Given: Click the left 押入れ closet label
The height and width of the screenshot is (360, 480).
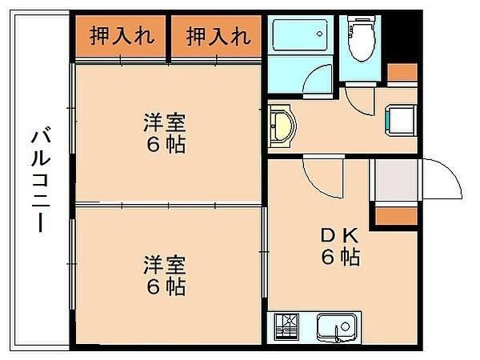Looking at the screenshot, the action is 122,36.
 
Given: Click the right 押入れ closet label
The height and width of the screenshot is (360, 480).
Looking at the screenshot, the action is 218,36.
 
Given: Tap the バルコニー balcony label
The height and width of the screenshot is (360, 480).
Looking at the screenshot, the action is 41,179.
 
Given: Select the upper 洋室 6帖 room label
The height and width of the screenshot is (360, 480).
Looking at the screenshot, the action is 165,133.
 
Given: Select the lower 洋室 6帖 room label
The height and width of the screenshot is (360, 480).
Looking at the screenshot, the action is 165,275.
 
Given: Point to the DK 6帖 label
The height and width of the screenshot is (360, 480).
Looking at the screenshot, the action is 340,246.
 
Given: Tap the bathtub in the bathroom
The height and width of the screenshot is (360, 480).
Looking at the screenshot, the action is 300,34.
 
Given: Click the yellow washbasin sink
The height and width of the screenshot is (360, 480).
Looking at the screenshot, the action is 282,126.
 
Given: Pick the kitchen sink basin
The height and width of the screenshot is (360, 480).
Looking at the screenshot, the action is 337,328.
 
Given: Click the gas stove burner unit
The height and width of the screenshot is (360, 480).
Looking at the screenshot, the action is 287,327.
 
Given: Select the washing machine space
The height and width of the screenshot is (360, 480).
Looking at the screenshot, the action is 401,120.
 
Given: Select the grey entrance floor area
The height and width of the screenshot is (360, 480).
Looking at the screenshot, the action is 396,180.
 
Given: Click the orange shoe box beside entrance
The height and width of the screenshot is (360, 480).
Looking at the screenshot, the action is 397,216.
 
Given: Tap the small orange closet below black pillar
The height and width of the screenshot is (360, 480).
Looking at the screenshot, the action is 402,72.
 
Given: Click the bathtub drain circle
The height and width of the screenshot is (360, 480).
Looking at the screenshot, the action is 319,34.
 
